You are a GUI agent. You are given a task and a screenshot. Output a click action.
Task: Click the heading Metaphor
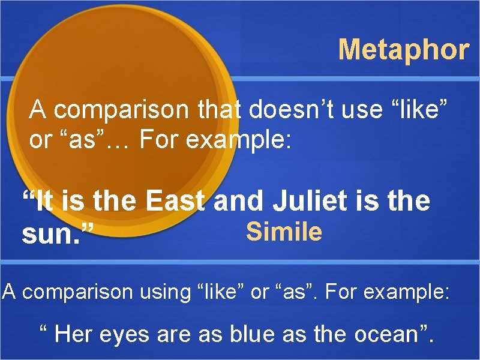(403, 50)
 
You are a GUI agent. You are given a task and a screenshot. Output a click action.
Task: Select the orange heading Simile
(284, 232)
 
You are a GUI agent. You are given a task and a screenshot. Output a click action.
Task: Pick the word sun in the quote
(50, 236)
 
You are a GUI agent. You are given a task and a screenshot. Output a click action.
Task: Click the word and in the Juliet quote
(238, 201)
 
